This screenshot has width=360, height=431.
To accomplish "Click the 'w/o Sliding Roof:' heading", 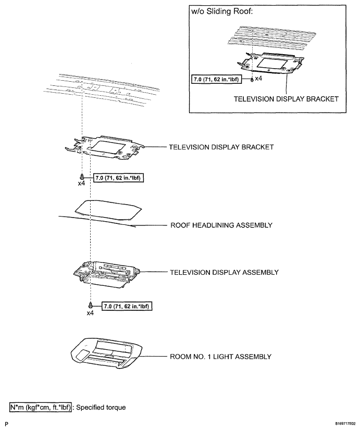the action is (221, 12).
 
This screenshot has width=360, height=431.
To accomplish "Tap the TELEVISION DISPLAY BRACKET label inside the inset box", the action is (286, 99).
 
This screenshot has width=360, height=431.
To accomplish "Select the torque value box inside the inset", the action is (216, 80).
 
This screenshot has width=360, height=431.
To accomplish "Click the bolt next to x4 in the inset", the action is (252, 80).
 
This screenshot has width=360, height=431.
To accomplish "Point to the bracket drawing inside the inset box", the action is (270, 64).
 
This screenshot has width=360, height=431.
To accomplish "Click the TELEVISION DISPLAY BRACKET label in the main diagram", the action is (221, 147).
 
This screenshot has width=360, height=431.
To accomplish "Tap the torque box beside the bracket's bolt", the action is (119, 178).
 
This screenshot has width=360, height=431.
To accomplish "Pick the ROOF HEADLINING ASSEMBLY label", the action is (221, 225).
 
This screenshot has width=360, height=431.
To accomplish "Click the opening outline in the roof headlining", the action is (108, 210).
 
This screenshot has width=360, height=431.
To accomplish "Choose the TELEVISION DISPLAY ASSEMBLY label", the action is (224, 272).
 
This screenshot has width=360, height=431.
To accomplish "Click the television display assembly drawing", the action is (107, 275).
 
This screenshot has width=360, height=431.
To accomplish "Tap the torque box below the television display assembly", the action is (127, 306).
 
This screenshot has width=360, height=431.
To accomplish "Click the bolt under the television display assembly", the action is (90, 305).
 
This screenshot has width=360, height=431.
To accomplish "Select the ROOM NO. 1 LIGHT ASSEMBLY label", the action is (220, 357).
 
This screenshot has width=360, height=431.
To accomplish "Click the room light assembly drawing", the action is (107, 354).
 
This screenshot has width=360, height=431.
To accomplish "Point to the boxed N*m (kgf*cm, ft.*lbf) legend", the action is (41, 407).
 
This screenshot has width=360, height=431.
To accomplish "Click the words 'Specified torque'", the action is (101, 408).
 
